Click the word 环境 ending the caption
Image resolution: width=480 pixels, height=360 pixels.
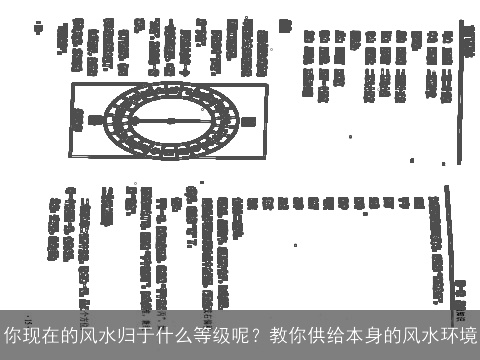pyautogui.click(x=455, y=332)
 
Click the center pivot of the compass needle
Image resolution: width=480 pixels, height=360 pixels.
pyautogui.click(x=168, y=119)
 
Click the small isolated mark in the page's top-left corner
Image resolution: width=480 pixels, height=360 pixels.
pyautogui.click(x=38, y=28)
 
